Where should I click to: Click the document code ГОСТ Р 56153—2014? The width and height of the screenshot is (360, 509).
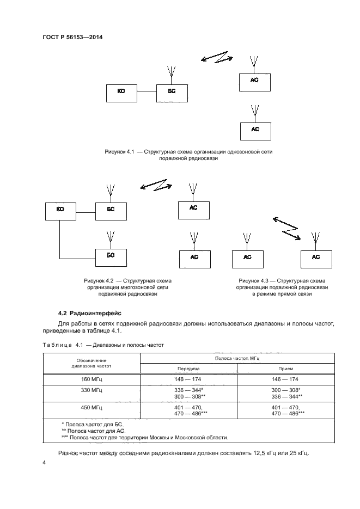72,37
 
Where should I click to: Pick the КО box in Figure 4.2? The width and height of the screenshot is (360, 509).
60,210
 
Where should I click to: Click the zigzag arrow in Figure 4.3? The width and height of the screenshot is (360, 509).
286,228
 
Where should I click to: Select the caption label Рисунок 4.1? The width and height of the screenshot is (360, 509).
119,152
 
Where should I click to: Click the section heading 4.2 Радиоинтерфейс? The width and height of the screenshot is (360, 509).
90,313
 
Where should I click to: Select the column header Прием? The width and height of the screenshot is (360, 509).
285,368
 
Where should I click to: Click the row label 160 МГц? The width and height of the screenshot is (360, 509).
91,379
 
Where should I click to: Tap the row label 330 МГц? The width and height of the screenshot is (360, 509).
91,390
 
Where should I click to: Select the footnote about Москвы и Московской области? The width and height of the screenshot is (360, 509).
145,437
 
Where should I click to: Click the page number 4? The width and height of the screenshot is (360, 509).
44,463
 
